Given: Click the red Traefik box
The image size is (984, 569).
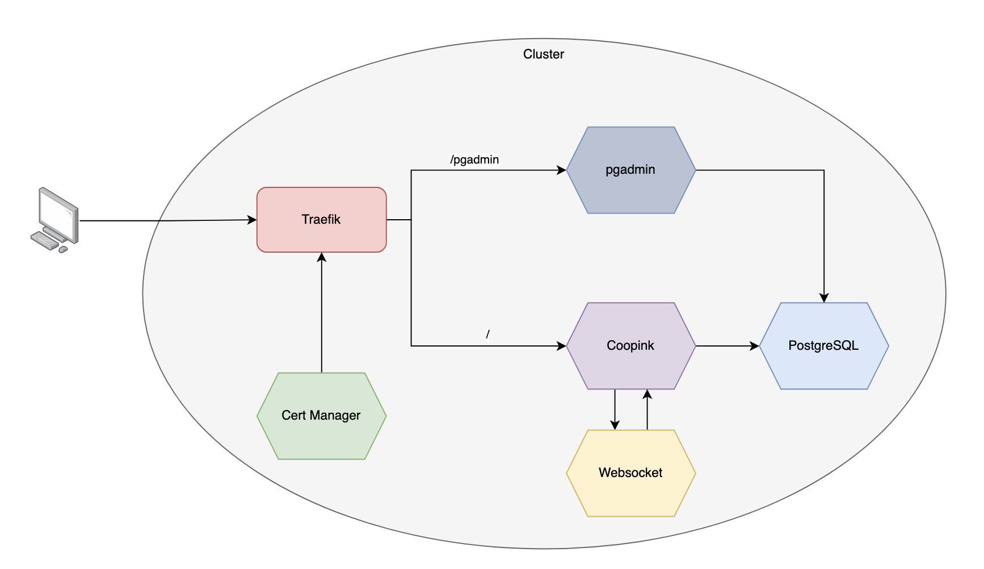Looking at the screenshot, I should [321, 220].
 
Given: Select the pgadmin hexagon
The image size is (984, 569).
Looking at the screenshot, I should [630, 170].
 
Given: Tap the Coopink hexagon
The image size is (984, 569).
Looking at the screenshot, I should [630, 345].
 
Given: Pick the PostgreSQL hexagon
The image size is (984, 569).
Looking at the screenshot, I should [823, 345].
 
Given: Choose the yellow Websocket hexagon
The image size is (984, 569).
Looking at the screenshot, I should [630, 472].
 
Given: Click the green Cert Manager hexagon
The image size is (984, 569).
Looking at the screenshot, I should [321, 416].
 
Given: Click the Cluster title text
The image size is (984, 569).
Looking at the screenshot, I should [543, 55].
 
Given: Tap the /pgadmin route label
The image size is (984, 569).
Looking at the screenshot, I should [474, 160].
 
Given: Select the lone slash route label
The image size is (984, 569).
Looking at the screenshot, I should [487, 334].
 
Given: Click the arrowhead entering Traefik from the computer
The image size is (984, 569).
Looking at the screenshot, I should [253, 220].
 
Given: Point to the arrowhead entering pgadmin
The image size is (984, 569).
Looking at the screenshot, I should [562, 170].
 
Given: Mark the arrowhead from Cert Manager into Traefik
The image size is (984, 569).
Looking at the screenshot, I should [322, 257].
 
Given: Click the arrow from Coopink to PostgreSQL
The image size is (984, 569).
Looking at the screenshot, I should [728, 346].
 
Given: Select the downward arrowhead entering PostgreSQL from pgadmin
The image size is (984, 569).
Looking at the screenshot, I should [824, 298].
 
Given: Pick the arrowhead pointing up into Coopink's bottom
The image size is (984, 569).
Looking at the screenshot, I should [647, 394].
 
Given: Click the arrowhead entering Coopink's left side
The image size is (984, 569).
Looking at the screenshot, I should [562, 346].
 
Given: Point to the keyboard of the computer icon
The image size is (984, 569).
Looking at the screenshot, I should [45, 240].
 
